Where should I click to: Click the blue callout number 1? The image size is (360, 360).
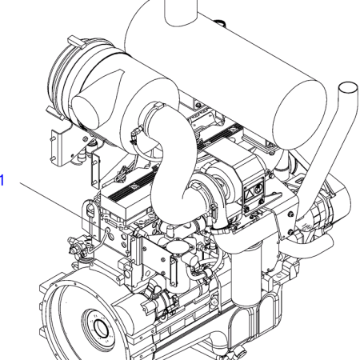click(x=2, y=180)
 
